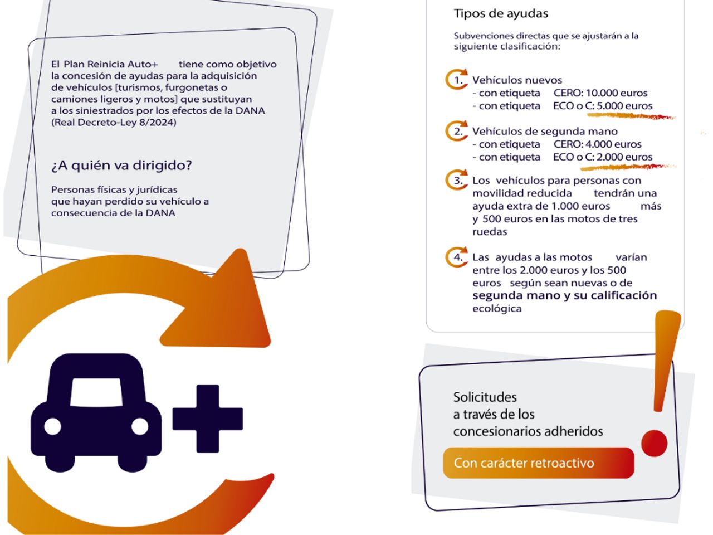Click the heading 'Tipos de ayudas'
(501, 13)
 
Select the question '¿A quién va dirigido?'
(121, 166)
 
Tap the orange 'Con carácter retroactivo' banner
(538, 463)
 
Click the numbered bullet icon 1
(456, 80)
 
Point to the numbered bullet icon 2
(456, 131)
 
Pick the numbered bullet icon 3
(456, 180)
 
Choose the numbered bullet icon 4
(456, 257)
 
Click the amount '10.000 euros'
(617, 93)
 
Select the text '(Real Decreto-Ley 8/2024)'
(114, 123)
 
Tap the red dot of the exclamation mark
(654, 443)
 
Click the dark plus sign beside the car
(208, 419)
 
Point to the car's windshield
(96, 392)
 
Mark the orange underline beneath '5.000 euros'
(631, 116)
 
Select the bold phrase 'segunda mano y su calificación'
(565, 295)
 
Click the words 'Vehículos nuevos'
(517, 80)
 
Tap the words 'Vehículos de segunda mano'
(545, 132)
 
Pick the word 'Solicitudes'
(485, 397)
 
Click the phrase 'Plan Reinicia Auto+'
(111, 64)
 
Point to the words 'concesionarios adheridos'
(528, 432)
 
